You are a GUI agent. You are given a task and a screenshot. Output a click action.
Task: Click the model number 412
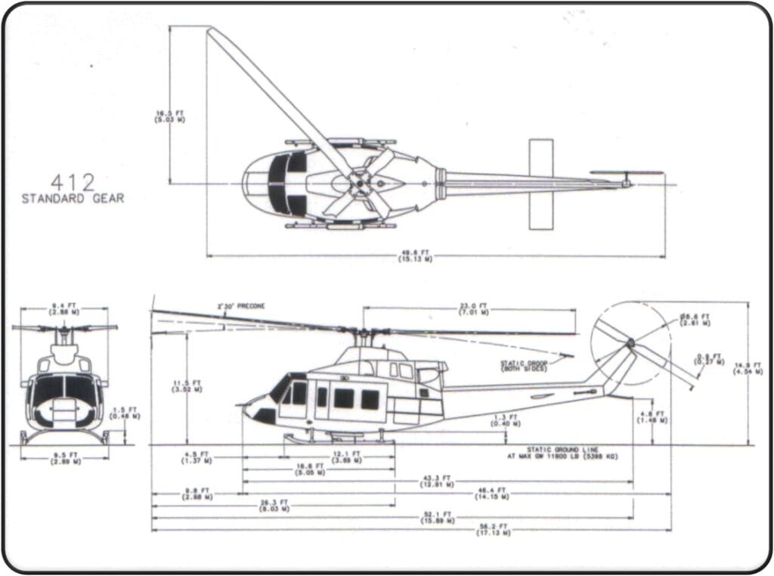73,182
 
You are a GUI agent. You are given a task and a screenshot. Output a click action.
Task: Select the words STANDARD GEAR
73,199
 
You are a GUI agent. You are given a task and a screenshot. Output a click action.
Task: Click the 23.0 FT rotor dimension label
473,308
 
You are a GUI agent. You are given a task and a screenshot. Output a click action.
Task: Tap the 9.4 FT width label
63,308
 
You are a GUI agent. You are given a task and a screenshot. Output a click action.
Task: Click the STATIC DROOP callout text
524,365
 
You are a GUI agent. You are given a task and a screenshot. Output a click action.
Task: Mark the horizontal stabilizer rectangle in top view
540,184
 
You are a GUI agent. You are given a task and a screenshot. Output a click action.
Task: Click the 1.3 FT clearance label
500,420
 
